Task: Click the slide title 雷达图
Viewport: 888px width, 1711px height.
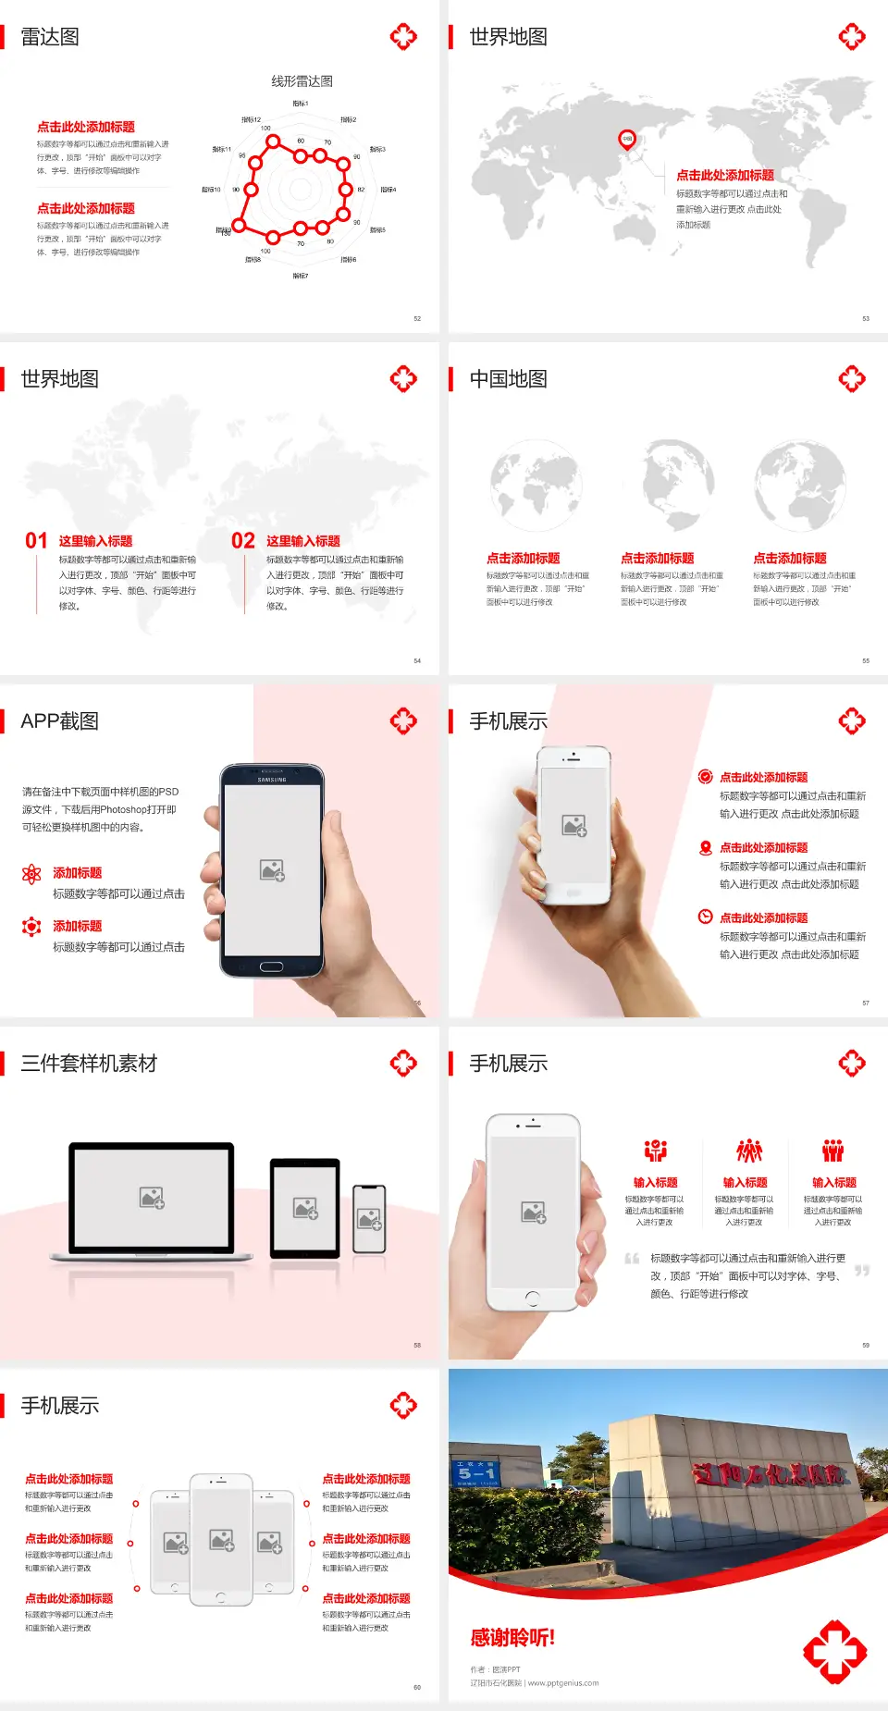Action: tap(50, 37)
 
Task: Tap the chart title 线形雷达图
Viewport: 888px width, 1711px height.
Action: tap(302, 81)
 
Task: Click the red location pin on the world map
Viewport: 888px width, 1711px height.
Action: tap(627, 140)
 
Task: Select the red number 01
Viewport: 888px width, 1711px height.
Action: tap(36, 541)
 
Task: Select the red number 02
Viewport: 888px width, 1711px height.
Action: tap(243, 541)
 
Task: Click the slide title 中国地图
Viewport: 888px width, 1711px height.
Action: tap(508, 379)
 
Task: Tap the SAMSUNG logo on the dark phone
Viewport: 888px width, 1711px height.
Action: tap(272, 780)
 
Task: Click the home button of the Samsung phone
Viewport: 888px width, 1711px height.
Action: tap(271, 966)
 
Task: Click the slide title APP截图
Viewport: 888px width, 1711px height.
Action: tap(60, 721)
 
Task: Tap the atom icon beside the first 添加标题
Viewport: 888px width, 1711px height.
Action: tap(31, 874)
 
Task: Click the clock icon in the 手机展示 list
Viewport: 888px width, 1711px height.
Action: tap(705, 917)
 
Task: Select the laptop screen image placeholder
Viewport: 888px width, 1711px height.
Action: tap(152, 1198)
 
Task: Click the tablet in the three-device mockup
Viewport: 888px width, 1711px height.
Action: tap(304, 1207)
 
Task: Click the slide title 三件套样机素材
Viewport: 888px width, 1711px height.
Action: tap(89, 1064)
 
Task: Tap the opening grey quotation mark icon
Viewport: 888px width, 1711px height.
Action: tap(632, 1258)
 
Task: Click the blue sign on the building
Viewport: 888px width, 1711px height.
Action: tap(476, 1471)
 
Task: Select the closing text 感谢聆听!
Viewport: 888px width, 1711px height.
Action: tap(512, 1638)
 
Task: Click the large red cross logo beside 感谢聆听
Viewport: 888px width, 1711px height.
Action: tap(834, 1651)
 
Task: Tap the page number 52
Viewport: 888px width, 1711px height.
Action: tap(417, 318)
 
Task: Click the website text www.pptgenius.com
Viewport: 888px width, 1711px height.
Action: tap(563, 1683)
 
